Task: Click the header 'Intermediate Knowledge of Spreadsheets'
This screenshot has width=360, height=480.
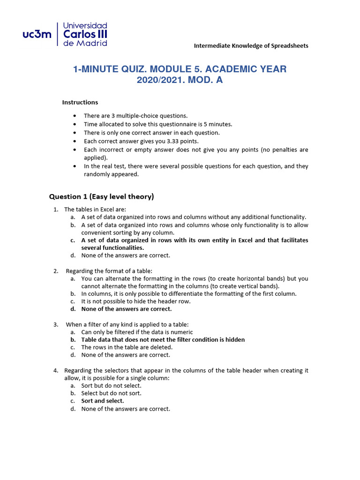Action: (251, 45)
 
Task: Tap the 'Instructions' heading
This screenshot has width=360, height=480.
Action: (80, 102)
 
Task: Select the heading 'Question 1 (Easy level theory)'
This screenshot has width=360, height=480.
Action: (102, 196)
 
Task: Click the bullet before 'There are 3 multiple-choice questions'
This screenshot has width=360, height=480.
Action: (75, 116)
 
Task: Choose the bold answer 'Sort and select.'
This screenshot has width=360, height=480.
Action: (103, 401)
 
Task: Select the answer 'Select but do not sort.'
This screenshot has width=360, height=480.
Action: (111, 393)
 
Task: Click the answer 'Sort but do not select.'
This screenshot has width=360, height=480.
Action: (111, 385)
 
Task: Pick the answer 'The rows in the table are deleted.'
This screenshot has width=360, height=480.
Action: (127, 347)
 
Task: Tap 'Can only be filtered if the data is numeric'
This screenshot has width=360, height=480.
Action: (137, 332)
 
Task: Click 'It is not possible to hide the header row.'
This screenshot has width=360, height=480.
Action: (136, 301)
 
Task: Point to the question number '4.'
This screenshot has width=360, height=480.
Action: (56, 370)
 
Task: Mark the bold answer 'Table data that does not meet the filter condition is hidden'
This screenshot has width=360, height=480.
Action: (163, 339)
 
